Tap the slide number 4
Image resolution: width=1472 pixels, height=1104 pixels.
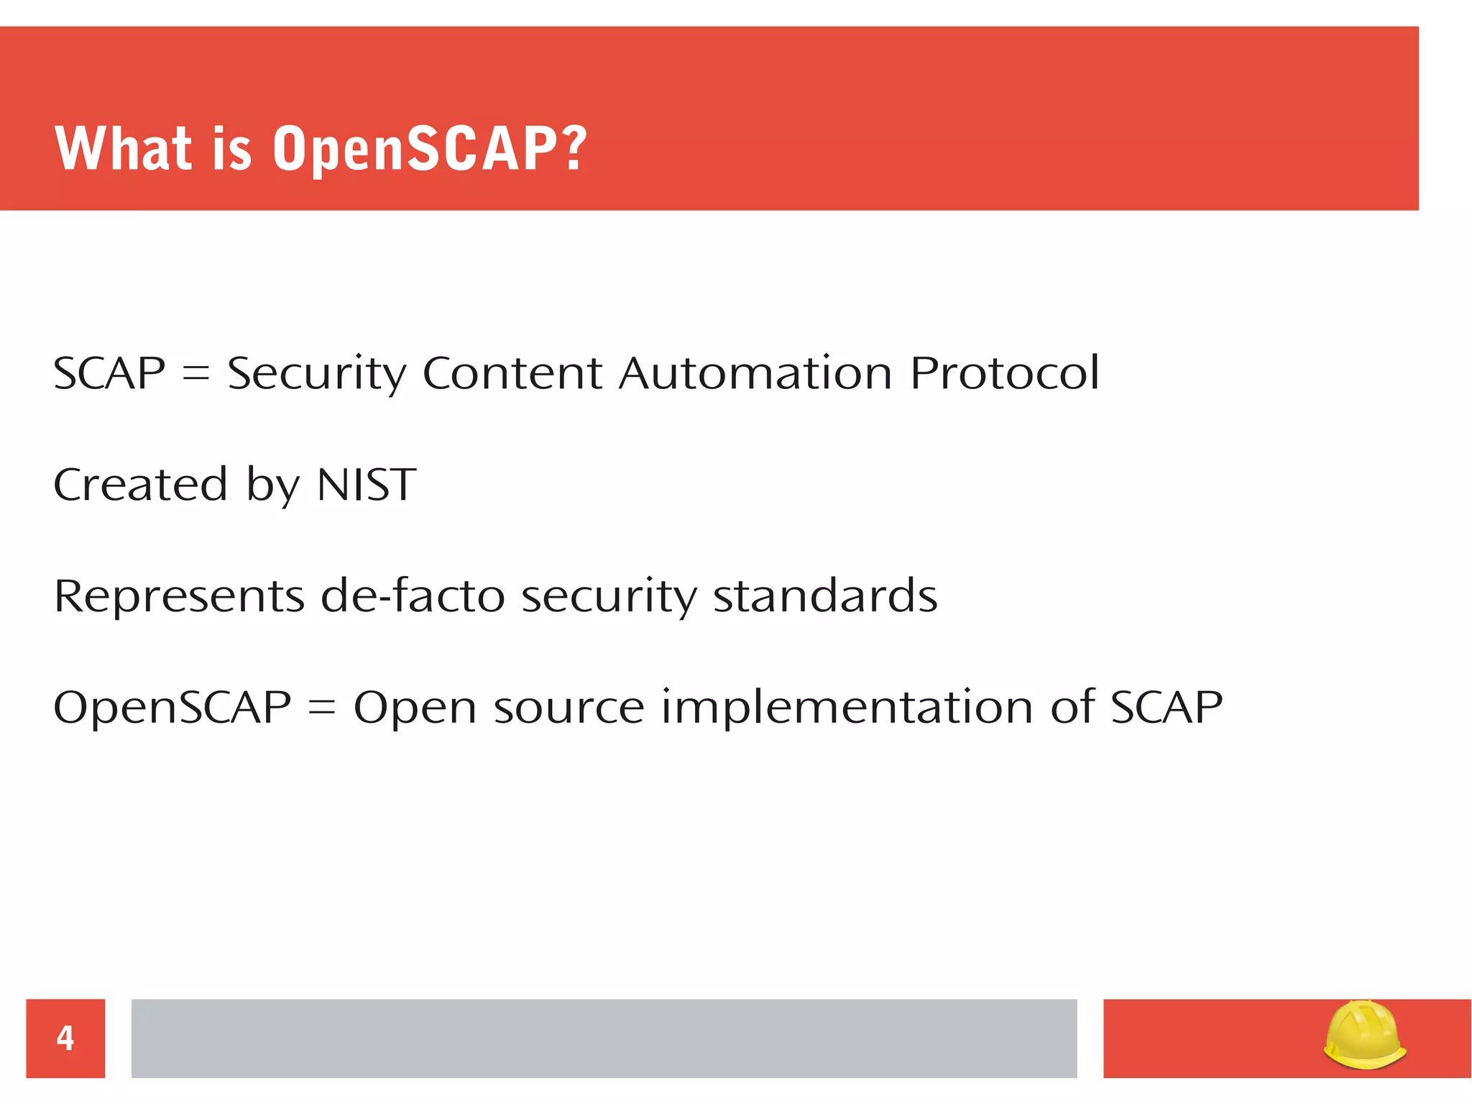(65, 1038)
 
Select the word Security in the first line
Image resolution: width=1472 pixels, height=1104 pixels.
(316, 374)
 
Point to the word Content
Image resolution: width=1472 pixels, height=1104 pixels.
(512, 374)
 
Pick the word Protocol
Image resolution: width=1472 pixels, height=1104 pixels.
(1004, 374)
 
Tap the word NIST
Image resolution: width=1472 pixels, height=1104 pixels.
(366, 485)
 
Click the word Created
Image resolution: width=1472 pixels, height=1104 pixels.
(141, 485)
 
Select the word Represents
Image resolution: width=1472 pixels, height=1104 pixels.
(179, 596)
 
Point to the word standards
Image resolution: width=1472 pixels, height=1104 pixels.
(825, 596)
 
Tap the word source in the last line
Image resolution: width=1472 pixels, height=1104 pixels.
(569, 708)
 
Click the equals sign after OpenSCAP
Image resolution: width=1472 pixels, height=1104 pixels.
(322, 708)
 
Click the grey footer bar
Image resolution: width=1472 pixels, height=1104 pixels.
(604, 1038)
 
